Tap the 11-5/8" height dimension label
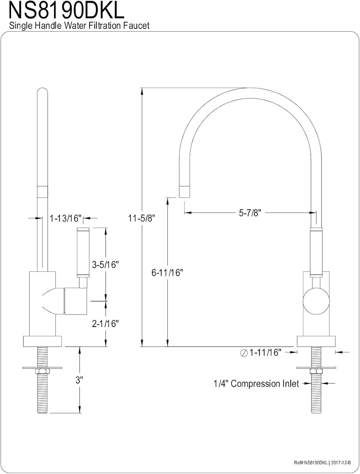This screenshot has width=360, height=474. point(142,218)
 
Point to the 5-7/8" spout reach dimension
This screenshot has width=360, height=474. point(250,213)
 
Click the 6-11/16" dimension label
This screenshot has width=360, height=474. point(167,273)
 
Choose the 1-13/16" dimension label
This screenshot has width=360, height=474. point(66,218)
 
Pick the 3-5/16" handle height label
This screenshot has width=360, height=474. point(105,264)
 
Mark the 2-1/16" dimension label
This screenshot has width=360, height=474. point(105,324)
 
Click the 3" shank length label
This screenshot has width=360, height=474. point(79,380)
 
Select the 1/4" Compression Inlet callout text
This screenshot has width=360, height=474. point(256,384)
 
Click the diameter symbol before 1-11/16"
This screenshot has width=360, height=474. point(244,353)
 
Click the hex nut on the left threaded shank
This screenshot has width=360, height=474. point(43,371)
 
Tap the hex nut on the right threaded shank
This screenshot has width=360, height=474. point(316,371)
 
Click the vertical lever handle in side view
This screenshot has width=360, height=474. point(83,252)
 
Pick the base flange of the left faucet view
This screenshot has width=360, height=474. point(43,341)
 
